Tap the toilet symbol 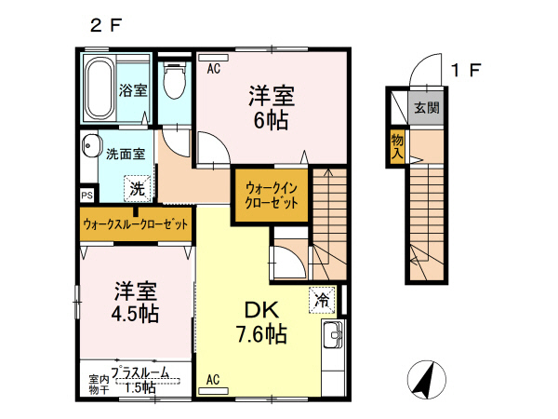[x=173, y=81]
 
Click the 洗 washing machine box [x=137, y=186]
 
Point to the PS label [x=86, y=196]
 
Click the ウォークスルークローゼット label [x=136, y=224]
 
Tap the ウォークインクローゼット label [x=271, y=194]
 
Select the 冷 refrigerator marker [x=321, y=300]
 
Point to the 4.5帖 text [x=136, y=313]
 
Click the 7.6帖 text [x=259, y=333]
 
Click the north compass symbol [x=424, y=378]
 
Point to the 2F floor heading [x=105, y=26]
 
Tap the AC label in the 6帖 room [x=213, y=68]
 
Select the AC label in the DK [x=212, y=378]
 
